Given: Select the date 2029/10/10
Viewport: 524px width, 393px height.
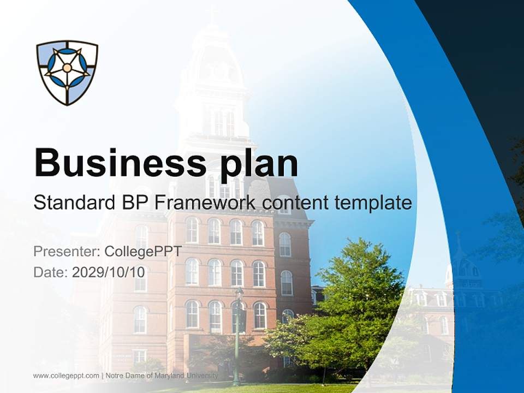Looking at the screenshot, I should [x=109, y=272].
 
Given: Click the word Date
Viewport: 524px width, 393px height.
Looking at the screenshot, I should [x=50, y=272].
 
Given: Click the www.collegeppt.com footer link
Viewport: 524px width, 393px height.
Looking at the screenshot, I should [x=66, y=376].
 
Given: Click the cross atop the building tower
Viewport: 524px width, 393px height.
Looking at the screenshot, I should [x=212, y=13].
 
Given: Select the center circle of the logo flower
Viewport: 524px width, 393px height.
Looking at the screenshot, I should [x=67, y=68].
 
